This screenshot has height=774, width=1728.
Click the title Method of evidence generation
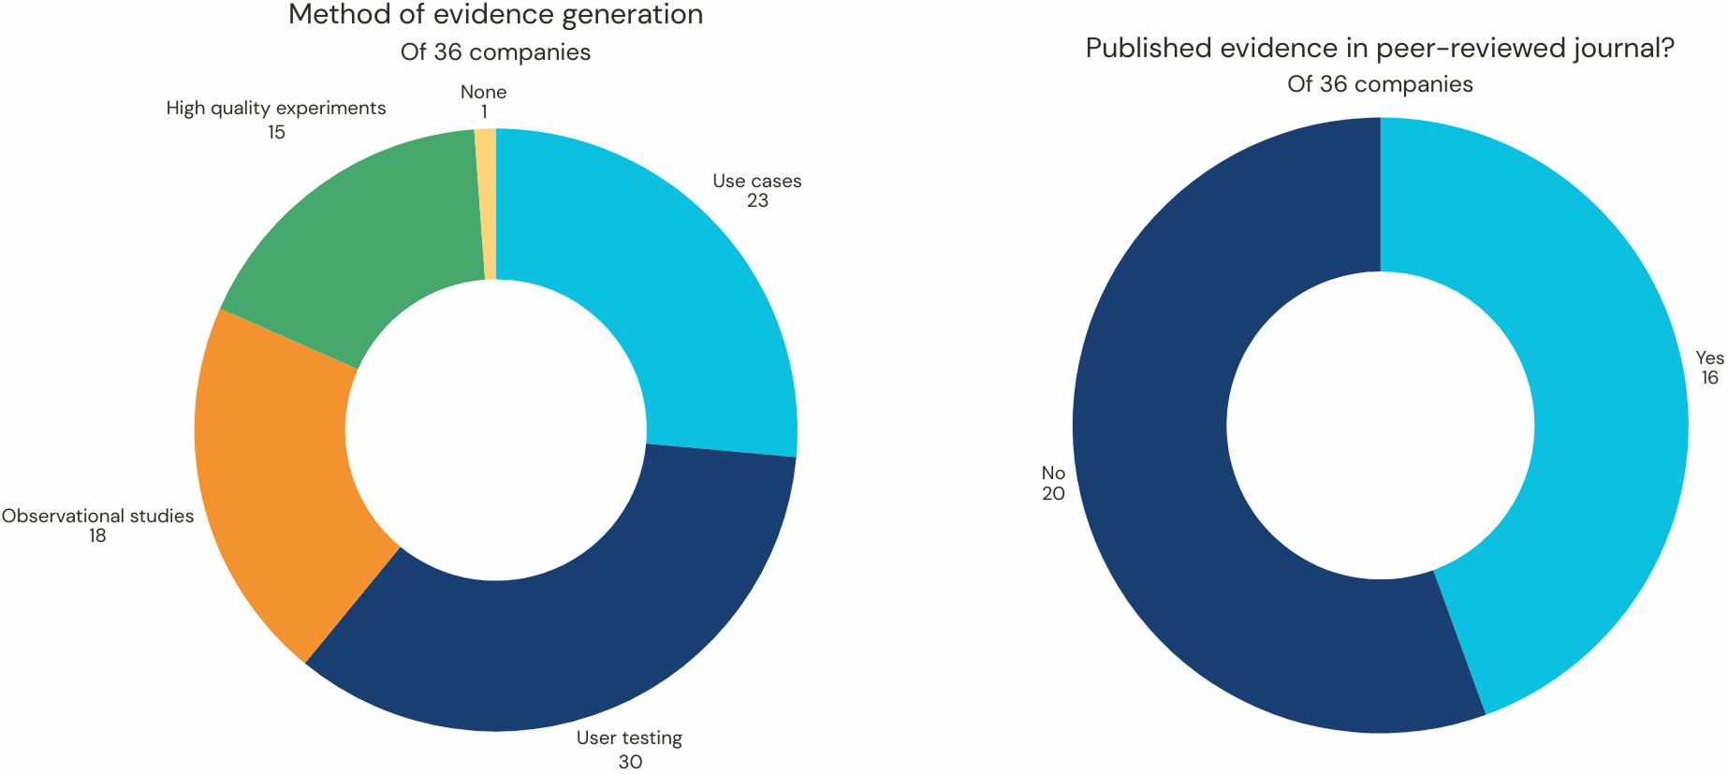pyautogui.click(x=495, y=15)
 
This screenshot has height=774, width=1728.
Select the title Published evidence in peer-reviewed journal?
pyautogui.click(x=1380, y=49)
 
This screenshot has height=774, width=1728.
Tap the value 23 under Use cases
pyautogui.click(x=757, y=201)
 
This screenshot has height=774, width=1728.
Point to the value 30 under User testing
pyautogui.click(x=630, y=762)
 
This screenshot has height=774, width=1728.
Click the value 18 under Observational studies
pyautogui.click(x=97, y=536)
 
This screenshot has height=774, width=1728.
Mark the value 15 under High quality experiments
pyautogui.click(x=276, y=133)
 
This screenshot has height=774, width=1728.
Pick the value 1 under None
pyautogui.click(x=484, y=112)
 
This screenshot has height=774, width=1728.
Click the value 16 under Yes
pyautogui.click(x=1709, y=378)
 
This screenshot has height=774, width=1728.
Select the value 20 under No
pyautogui.click(x=1053, y=494)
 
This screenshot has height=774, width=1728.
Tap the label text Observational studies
pyautogui.click(x=97, y=516)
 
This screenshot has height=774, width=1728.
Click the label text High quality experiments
pyautogui.click(x=276, y=109)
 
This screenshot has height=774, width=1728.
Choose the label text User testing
pyautogui.click(x=629, y=738)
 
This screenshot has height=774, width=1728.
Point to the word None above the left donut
pyautogui.click(x=483, y=92)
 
